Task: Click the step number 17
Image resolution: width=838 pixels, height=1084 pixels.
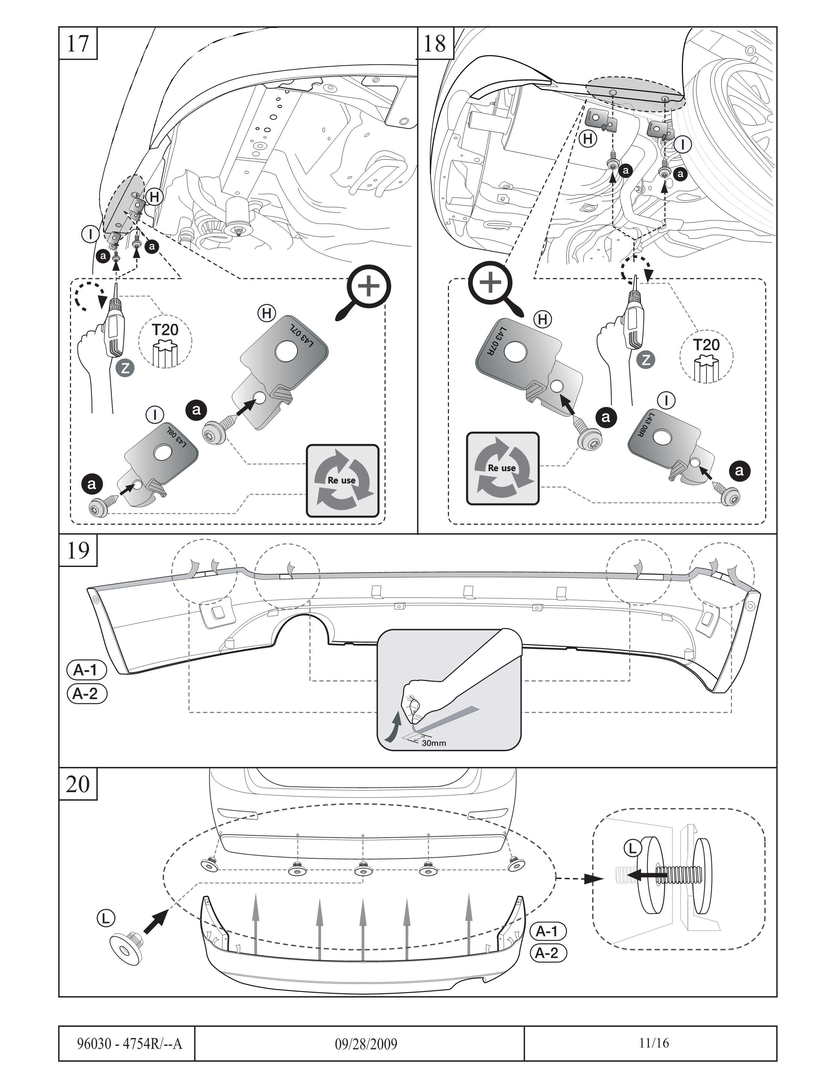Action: (x=78, y=44)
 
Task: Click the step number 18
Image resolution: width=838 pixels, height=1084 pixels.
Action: (x=435, y=44)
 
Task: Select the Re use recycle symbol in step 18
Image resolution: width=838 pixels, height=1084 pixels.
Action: (x=502, y=468)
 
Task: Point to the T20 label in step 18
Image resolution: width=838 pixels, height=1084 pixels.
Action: (x=706, y=345)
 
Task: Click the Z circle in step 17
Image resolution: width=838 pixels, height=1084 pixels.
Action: (x=126, y=368)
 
